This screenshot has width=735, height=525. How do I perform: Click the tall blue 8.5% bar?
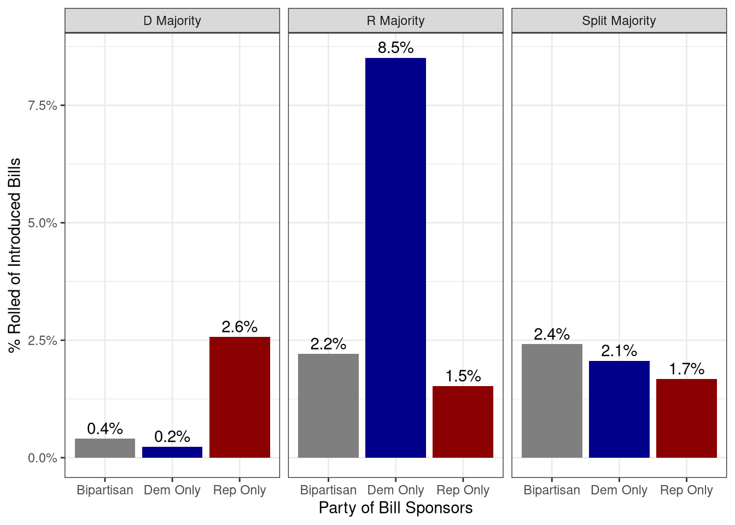(x=395, y=257)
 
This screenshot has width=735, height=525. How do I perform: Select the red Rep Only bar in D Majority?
(x=240, y=397)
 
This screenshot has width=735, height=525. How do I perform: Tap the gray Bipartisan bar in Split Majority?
(x=552, y=400)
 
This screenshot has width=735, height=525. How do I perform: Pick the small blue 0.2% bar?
(x=172, y=452)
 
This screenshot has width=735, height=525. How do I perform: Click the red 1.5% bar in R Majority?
(x=463, y=422)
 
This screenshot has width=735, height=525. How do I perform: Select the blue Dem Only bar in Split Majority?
(x=619, y=409)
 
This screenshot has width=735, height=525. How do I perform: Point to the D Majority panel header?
(x=172, y=21)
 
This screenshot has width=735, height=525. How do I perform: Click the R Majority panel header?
(x=395, y=21)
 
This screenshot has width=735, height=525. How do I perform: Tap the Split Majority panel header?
(x=619, y=21)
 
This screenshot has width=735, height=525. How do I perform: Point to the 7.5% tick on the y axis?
(x=43, y=106)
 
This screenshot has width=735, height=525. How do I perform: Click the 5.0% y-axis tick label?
(x=43, y=223)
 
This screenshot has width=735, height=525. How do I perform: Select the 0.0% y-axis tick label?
(x=43, y=458)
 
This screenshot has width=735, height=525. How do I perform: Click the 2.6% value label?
(x=240, y=327)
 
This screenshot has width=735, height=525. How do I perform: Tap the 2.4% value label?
(x=552, y=334)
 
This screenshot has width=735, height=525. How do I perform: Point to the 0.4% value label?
(x=105, y=429)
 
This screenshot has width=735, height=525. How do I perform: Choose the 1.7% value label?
(x=686, y=369)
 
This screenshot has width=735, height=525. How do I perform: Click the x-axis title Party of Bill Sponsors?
(x=395, y=508)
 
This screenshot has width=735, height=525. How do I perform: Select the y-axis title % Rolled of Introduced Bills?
(x=15, y=255)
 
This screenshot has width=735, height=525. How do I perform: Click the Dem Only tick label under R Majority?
(x=395, y=490)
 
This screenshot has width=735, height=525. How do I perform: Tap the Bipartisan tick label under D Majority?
(x=105, y=490)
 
